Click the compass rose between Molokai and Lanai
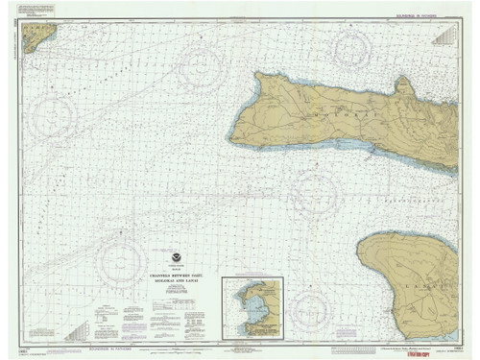coord(314,191)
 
